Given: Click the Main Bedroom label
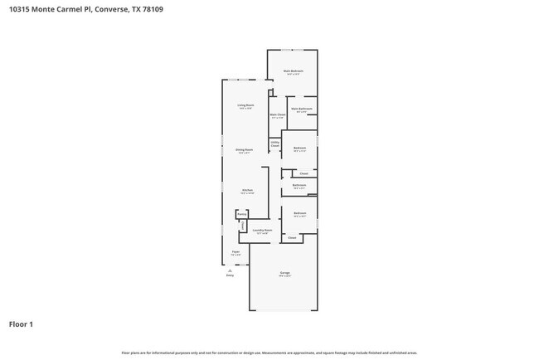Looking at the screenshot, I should point(293,71).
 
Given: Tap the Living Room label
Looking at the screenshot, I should point(245,105).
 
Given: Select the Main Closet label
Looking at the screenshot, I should point(277,114).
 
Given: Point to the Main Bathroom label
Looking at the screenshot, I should point(301,109).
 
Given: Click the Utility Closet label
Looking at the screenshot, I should point(274,144).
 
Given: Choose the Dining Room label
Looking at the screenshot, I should point(245,150).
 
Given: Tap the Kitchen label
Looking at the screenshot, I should point(246,190).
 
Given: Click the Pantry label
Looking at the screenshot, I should point(241,213).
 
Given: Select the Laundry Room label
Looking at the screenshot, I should point(262,230).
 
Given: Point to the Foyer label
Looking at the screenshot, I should point(236,251).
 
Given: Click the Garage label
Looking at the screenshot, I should point(284,273).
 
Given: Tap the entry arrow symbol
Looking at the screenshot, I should point(230,270).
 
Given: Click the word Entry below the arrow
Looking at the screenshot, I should point(230,275).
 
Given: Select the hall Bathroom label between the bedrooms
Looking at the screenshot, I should point(299,185).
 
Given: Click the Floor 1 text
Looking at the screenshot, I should point(21,324).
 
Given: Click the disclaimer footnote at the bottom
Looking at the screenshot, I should point(269,353).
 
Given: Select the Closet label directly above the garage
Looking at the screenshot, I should point(292,237).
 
